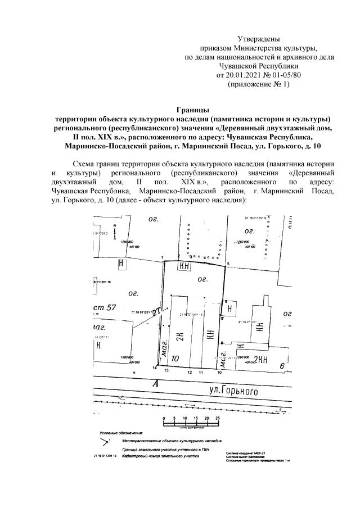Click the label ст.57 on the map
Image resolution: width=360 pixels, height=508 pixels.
pos(105,307)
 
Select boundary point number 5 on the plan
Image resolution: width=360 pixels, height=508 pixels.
pos(228,264)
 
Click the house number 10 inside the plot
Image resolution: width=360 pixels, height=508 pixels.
pos(175,358)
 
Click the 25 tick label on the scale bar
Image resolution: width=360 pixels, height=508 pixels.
pos(218,419)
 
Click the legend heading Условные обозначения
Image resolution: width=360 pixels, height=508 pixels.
pos(121,434)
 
